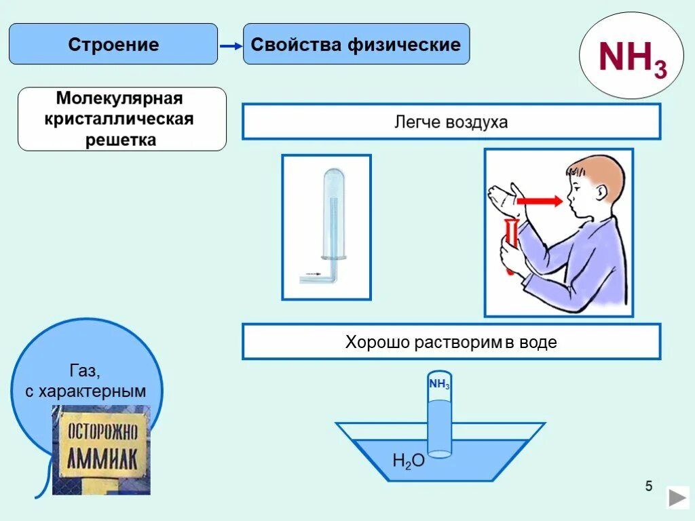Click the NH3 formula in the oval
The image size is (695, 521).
[632, 58]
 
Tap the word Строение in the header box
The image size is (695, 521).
[113, 45]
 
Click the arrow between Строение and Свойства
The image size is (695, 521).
[231, 45]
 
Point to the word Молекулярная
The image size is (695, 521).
[119, 99]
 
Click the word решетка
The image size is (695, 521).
[120, 140]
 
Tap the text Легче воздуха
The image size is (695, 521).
[451, 122]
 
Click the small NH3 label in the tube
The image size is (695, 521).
[439, 385]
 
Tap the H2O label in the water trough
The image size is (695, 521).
[409, 461]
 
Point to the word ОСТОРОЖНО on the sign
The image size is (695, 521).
[102, 429]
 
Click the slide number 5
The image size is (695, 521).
[649, 486]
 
